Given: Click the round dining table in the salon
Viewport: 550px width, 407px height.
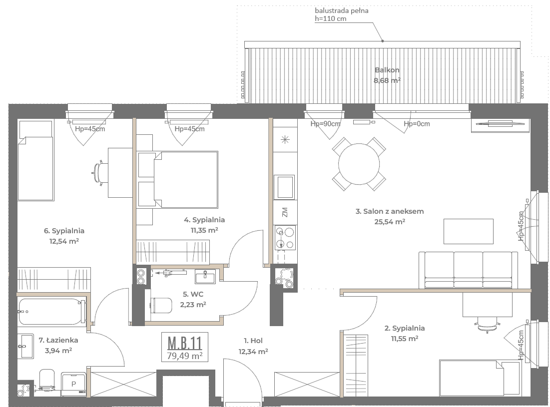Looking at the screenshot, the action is coord(359,164).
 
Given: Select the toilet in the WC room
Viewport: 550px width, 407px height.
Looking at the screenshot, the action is coord(161,305).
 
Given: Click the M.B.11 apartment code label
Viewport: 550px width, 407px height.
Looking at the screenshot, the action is coord(184,343).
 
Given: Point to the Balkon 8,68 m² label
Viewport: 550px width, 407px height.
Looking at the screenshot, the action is coord(387,75).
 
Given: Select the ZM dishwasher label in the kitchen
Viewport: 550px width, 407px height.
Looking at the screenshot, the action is coord(285,212).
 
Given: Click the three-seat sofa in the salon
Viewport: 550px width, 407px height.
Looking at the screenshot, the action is coord(468,270).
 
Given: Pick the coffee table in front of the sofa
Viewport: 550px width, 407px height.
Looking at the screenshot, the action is coord(468,231).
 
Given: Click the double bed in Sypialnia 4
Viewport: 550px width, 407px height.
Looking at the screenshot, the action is coord(177,179).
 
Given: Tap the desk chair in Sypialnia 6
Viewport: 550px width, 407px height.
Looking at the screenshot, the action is coord(99,173).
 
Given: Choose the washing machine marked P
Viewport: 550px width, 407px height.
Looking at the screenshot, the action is coord(73,384).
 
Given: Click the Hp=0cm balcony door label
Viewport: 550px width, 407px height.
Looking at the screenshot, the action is coord(417,124).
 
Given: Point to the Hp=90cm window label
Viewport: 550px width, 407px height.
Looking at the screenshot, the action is coord(326,124).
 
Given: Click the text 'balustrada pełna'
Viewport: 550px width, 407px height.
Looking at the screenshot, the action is coord(342,10).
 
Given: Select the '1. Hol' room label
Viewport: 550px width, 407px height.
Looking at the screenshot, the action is coord(253,341).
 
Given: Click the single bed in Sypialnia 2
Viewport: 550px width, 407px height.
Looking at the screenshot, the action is coord(480,378).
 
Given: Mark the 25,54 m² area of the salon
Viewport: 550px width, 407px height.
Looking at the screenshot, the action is coord(390,222).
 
